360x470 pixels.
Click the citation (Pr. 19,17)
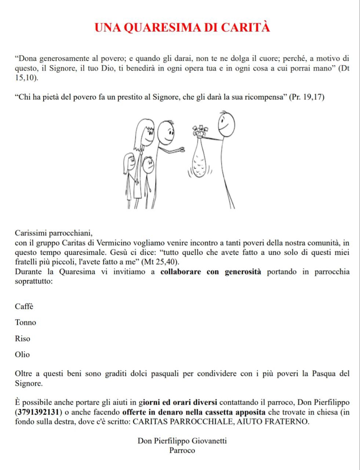click(x=307, y=98)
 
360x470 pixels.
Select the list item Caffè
click(x=24, y=306)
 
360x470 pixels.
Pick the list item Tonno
click(x=26, y=322)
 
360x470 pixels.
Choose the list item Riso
click(x=23, y=339)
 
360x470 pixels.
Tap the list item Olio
click(x=22, y=355)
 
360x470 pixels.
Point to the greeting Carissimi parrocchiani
click(x=54, y=233)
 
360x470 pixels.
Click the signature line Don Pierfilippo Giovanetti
click(x=182, y=441)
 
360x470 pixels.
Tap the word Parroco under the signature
click(x=182, y=450)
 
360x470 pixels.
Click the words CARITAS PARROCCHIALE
click(x=182, y=422)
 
